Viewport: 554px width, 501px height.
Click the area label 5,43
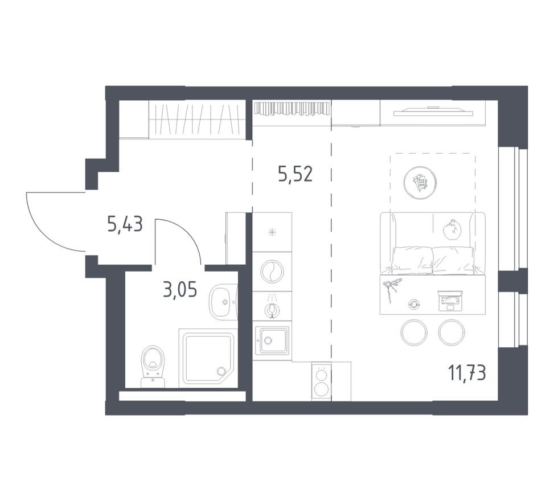(x=124, y=225)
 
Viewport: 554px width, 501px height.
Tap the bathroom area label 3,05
(x=179, y=290)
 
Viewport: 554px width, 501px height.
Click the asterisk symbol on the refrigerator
(x=272, y=232)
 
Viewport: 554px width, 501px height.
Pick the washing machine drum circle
(x=272, y=271)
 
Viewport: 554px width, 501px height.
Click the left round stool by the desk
(x=414, y=332)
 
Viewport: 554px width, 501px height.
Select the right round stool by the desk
(x=452, y=332)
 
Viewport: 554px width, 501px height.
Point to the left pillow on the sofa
(x=411, y=259)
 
